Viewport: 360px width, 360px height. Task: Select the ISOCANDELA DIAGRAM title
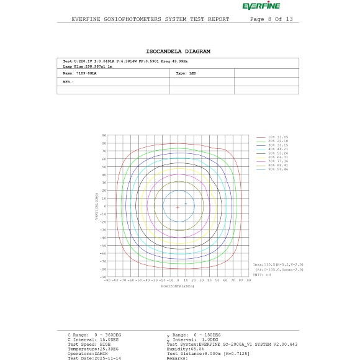[x=178, y=51]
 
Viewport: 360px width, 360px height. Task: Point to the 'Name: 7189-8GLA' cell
[x=79, y=73]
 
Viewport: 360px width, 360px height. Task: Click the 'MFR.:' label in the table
[x=68, y=81]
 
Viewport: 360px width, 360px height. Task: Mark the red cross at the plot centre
[x=178, y=207]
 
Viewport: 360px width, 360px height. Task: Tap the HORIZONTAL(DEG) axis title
[x=178, y=286]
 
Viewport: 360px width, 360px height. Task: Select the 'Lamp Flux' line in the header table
[x=86, y=65]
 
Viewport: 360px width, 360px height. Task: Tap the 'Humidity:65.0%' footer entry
[x=186, y=349]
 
